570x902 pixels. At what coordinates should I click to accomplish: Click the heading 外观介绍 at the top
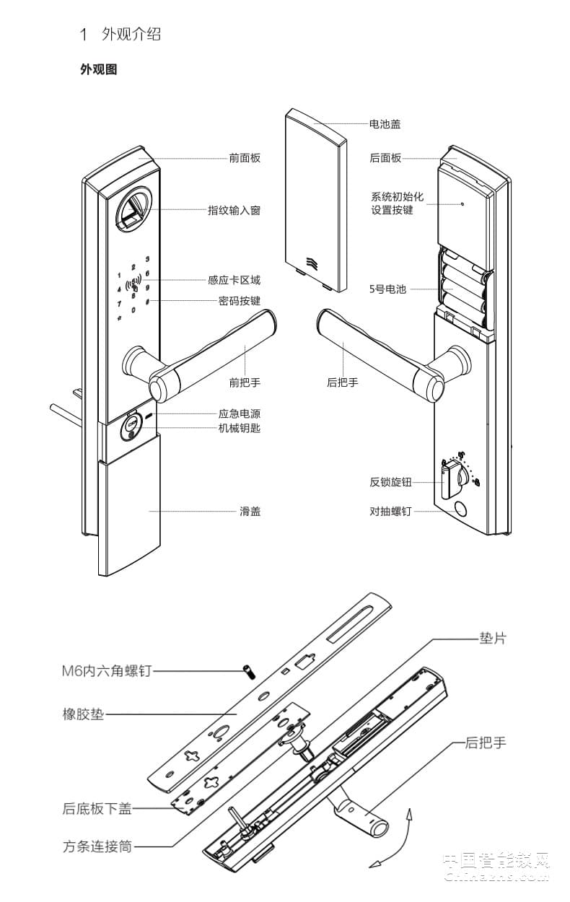[131, 34]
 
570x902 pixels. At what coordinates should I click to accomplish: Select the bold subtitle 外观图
[98, 70]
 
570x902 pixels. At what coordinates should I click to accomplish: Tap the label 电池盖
[385, 124]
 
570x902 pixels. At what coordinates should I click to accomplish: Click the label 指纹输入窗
[234, 211]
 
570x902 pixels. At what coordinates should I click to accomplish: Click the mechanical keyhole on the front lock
[131, 425]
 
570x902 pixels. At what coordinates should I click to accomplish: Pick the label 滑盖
[250, 511]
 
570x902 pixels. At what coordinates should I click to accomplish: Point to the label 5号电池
[387, 289]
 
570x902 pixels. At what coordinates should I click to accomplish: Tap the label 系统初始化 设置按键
[397, 203]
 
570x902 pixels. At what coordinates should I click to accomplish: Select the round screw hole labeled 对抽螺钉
[459, 510]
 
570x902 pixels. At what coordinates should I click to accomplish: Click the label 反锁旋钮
[390, 482]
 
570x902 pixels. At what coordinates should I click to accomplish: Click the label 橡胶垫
[83, 715]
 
